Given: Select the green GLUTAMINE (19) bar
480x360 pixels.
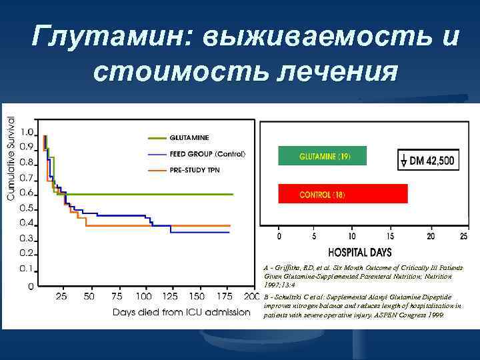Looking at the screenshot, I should [323, 157].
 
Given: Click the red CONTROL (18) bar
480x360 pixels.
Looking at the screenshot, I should [343, 194].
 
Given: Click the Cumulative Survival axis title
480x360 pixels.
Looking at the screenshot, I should [10, 157].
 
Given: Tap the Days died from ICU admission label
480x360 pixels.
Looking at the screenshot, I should [180, 311].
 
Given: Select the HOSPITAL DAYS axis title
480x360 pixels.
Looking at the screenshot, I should [359, 252].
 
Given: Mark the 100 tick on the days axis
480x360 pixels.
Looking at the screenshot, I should [144, 296].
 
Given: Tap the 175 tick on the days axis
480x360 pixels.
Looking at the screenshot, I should [225, 296].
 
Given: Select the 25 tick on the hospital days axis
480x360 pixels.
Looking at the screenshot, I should [463, 236].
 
